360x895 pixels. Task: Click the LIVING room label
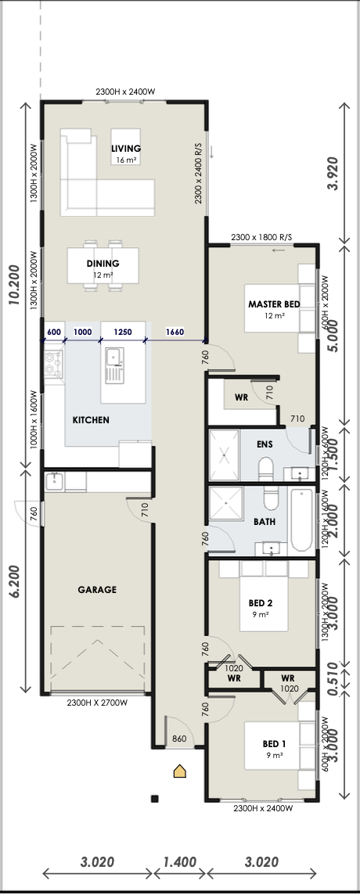point(126,149)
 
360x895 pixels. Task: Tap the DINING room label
point(103,264)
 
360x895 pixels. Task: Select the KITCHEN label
point(91,420)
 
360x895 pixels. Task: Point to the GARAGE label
point(97,590)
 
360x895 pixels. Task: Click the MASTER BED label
point(274,304)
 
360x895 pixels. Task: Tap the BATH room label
point(265,521)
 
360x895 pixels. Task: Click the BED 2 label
point(260,602)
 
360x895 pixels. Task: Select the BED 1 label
point(274,744)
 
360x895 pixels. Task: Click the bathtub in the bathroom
point(302,519)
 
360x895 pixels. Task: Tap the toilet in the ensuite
point(266,470)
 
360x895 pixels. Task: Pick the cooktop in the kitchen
point(54,364)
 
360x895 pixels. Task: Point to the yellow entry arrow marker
point(181,771)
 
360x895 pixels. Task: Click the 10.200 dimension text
point(16,284)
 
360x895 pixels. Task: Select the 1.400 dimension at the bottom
point(180,861)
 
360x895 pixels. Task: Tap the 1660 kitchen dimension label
point(175,332)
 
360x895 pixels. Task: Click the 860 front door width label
point(179,739)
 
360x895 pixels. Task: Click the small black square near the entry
point(154,799)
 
